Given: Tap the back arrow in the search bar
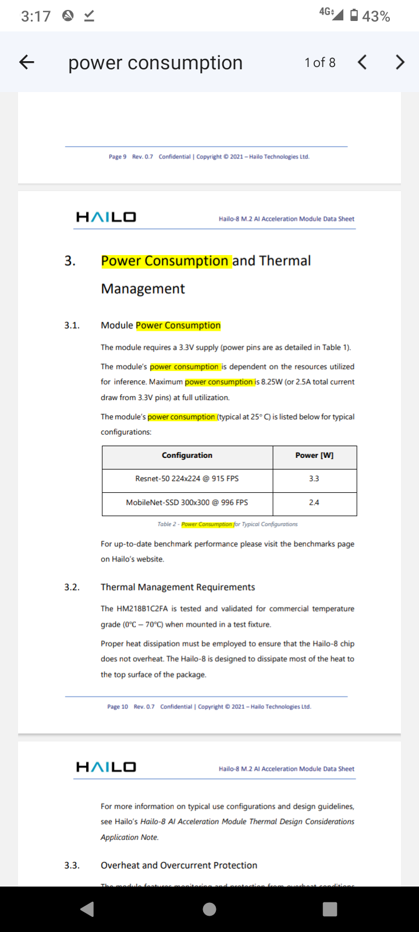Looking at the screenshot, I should click(27, 62).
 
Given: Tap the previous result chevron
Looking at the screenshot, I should click(362, 62).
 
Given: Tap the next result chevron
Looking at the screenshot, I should click(400, 62).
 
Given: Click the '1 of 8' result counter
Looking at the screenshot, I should click(320, 62).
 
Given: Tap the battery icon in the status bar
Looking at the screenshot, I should click(354, 16).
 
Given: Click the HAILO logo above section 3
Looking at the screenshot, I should click(106, 217).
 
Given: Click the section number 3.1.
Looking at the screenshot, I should click(72, 325).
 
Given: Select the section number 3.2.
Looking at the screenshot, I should click(72, 587).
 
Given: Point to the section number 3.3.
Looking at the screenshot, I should click(72, 865).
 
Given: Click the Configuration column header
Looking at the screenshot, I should click(187, 456).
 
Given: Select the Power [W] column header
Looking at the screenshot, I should click(314, 456).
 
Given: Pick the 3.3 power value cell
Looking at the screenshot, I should click(314, 479).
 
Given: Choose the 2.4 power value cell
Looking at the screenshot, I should click(314, 502).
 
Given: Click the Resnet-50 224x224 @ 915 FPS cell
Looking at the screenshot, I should click(187, 479).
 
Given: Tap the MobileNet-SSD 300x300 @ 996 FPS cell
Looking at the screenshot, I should click(187, 502).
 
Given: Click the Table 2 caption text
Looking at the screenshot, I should click(228, 524).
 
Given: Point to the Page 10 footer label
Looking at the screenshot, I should click(118, 707).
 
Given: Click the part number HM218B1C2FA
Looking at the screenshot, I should click(143, 609).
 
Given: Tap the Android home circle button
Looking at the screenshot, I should click(210, 909).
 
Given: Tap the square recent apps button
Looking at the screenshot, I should click(330, 909).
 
